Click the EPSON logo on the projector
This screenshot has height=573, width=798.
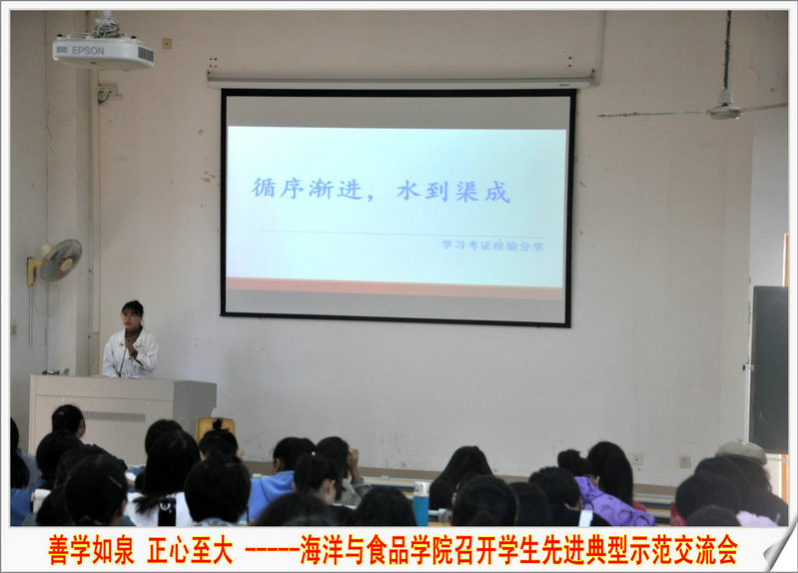pos(88,50)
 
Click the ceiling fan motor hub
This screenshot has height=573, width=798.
pos(724,109)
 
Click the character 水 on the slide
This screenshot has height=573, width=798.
pos(409,191)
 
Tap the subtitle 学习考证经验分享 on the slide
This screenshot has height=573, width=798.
pos(491,246)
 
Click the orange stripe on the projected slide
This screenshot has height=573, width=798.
pos(395,288)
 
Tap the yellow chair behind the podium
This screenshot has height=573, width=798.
pos(215,427)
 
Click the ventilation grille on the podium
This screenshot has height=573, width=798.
pos(115,416)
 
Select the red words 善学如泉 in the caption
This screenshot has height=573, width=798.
pos(91,550)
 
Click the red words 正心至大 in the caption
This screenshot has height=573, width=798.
pos(190,550)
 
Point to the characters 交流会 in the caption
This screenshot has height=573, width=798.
pos(705,550)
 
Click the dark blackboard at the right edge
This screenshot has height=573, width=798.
pos(768,368)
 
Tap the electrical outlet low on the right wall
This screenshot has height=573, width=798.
pos(685,461)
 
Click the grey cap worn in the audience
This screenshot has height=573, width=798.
pos(741,450)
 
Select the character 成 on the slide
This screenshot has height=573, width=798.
pos(496,192)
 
